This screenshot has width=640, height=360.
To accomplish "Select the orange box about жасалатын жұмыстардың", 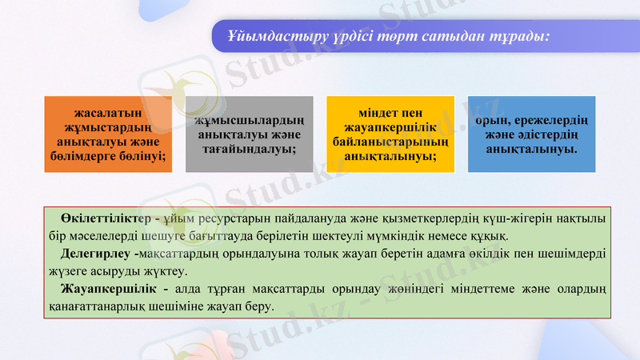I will point(108,134).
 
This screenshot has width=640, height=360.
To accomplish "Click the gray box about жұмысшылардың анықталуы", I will point(249,134).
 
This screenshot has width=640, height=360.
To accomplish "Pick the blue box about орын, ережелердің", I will point(531,134).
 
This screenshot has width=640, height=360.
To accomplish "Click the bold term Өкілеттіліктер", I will point(106,218).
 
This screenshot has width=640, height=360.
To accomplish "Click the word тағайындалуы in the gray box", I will point(249,149).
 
